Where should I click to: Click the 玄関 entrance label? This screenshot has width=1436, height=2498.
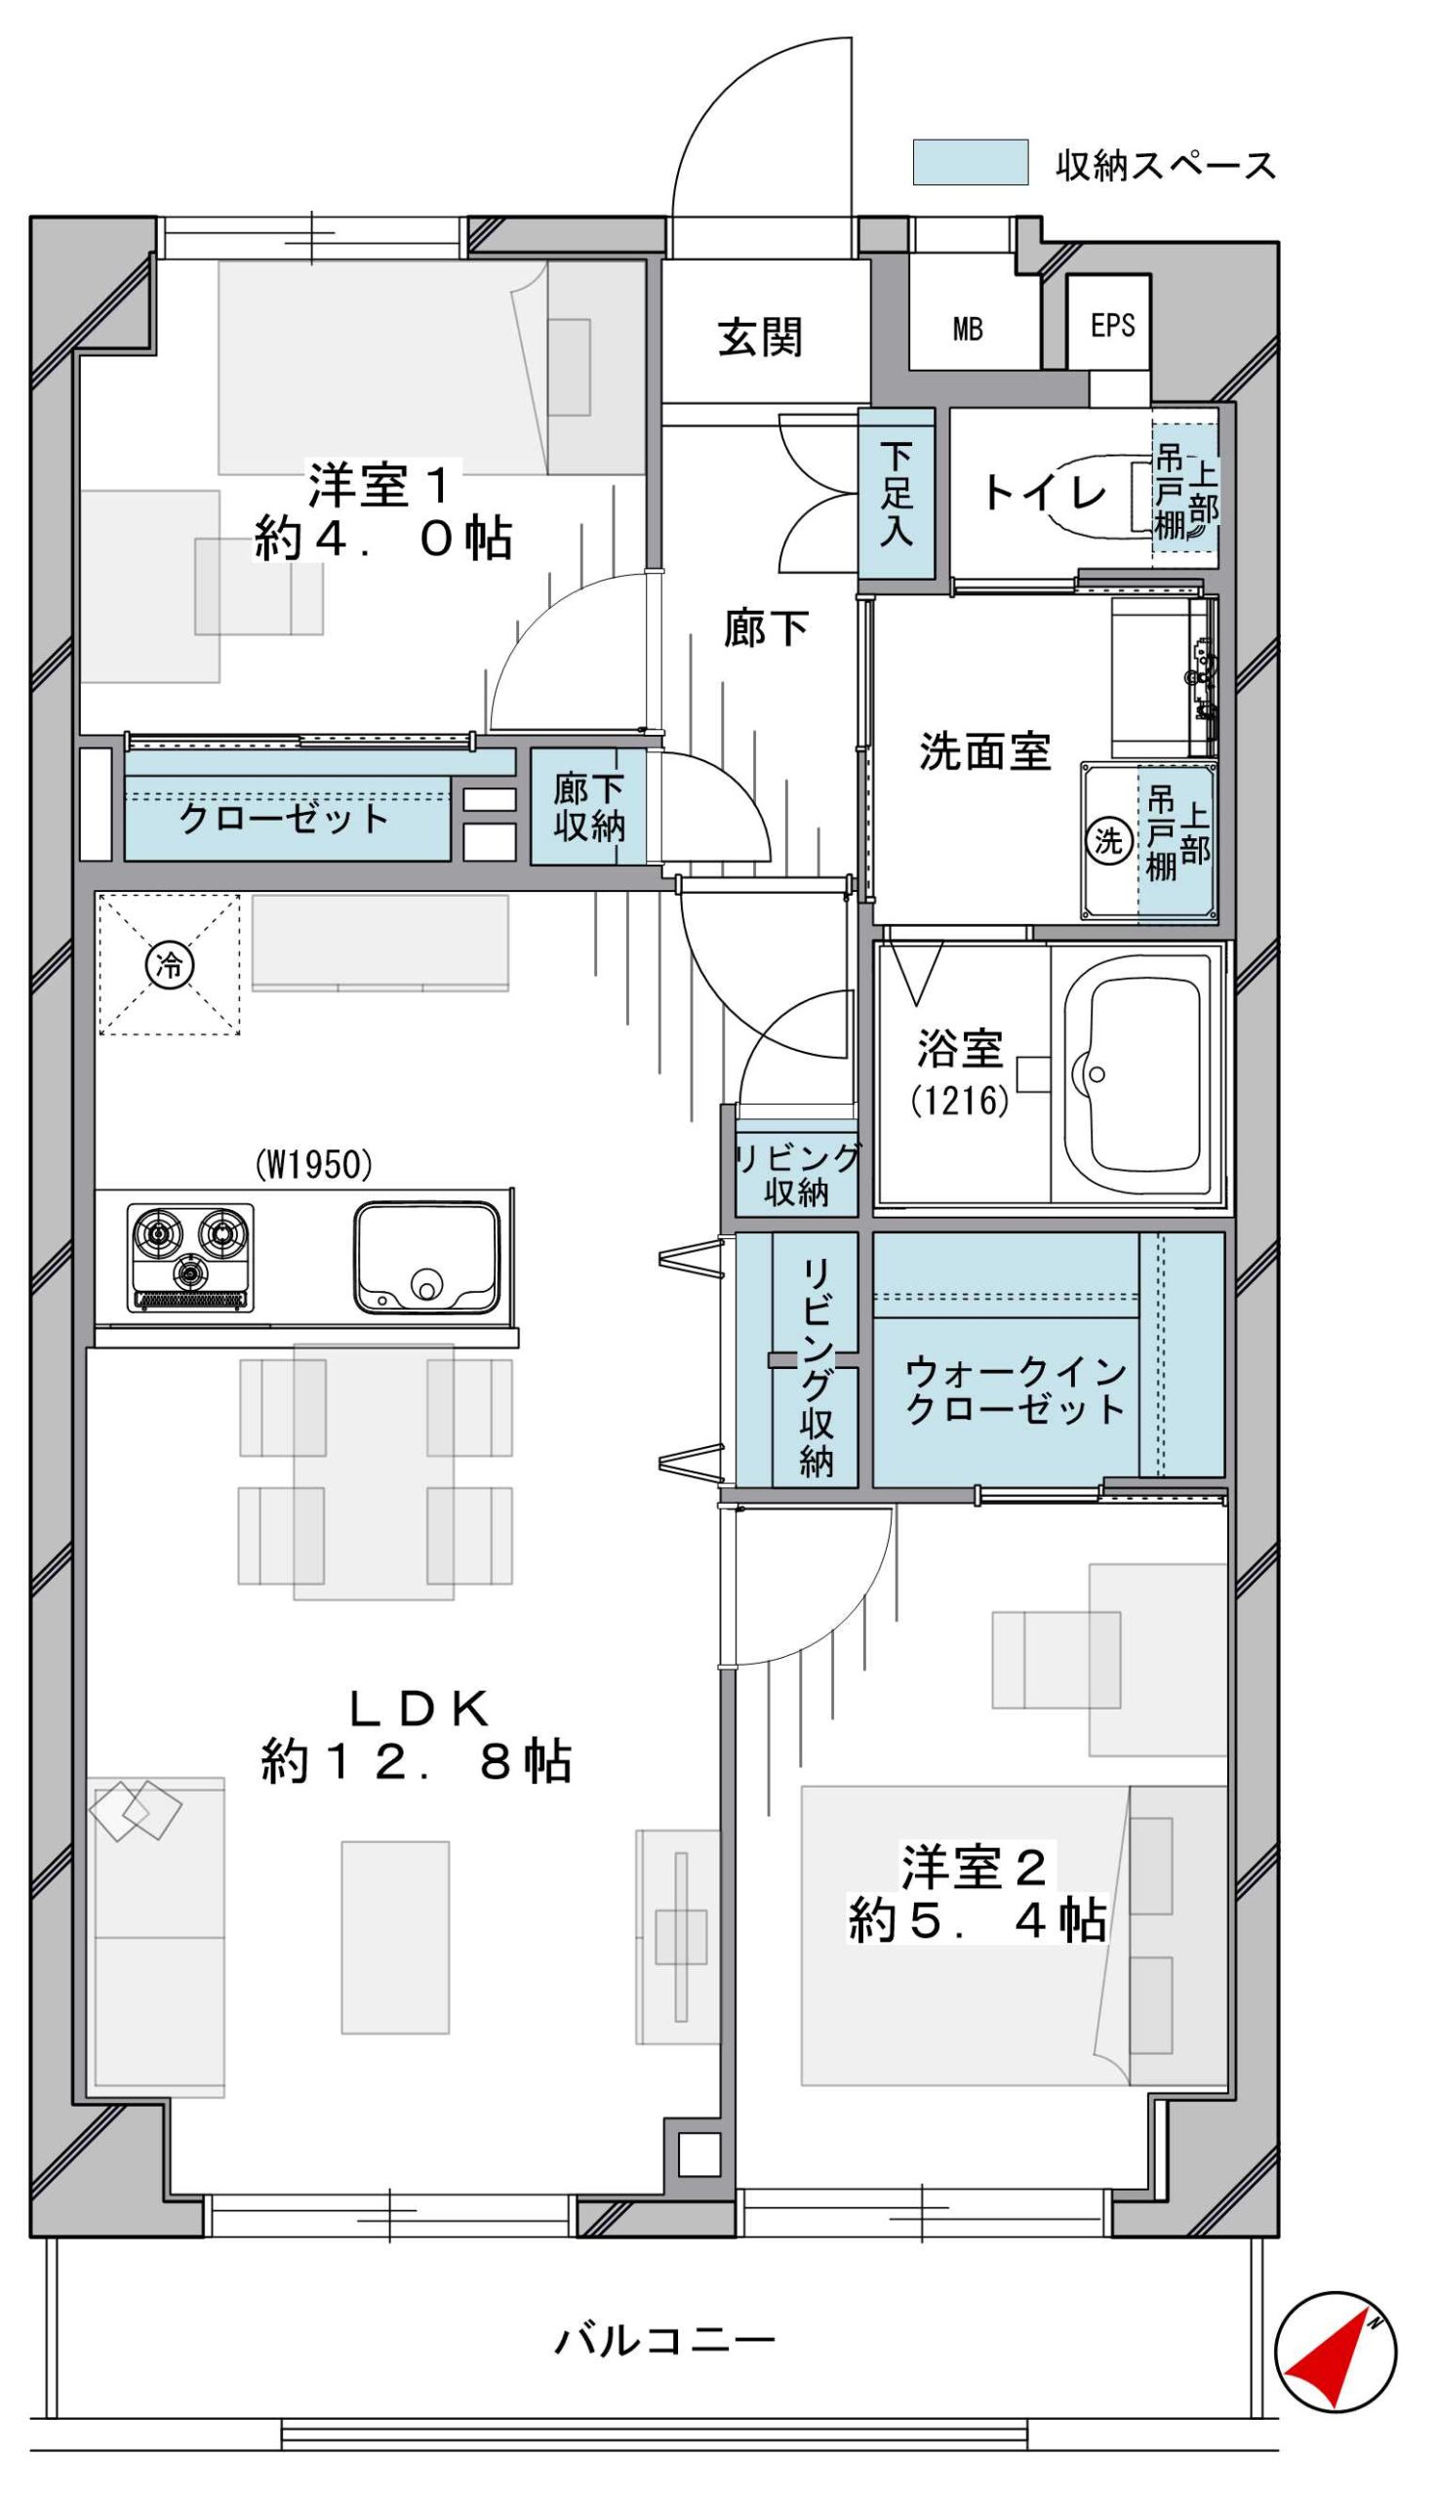tap(759, 338)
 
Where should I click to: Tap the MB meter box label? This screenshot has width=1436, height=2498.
tap(968, 330)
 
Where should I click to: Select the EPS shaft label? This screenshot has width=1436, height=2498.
tap(1112, 325)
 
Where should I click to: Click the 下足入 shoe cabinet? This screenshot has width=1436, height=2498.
tap(897, 493)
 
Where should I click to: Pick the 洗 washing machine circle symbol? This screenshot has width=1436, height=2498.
tap(1109, 841)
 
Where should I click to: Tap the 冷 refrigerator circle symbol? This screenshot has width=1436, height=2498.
tap(170, 965)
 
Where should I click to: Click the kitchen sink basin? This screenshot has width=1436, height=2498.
tap(427, 1258)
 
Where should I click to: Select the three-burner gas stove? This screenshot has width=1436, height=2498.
tap(190, 1258)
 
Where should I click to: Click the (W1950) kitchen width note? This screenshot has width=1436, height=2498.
tap(313, 1166)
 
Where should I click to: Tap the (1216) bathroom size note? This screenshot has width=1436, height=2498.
tap(960, 1100)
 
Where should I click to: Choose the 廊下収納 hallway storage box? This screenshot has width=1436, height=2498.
tap(589, 807)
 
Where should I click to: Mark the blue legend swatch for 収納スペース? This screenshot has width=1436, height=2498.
tap(971, 163)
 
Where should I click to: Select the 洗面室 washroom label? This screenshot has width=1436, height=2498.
tap(984, 751)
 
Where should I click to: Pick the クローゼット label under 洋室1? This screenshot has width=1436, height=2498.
tap(284, 818)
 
